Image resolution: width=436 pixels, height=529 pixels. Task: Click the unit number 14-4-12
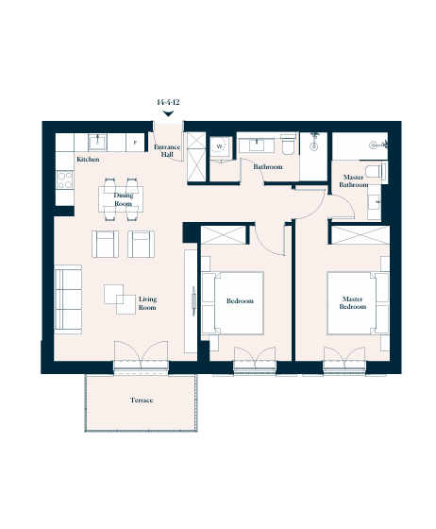point(168,102)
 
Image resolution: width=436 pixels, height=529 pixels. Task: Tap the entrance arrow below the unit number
point(168,113)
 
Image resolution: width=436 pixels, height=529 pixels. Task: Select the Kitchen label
point(88,160)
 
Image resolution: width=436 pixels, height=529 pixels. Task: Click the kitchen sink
point(98,142)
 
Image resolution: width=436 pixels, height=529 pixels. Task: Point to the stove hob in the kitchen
point(64,179)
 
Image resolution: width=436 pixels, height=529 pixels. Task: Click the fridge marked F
point(135,142)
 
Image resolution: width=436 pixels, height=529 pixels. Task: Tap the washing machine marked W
point(220,146)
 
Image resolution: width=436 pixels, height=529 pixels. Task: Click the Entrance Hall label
point(167,150)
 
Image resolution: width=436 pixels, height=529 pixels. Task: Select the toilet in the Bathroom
point(289,145)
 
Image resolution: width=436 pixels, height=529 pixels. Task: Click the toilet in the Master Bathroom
point(376,171)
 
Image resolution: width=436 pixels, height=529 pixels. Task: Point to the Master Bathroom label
point(354,180)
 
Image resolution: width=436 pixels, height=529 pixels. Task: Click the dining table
point(121,199)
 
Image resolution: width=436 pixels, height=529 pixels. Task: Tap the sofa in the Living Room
point(68,299)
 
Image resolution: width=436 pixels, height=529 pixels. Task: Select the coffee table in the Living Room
point(120,299)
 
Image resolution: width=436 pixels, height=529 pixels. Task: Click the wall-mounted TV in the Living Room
point(193,301)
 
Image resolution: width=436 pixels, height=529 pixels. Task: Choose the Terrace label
point(142,401)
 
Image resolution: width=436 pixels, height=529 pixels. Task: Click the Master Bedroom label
point(353,302)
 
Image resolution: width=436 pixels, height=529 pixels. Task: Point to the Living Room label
point(147,303)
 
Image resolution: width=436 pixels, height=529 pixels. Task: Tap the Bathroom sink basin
point(257,145)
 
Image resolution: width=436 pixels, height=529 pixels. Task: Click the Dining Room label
point(124,199)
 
